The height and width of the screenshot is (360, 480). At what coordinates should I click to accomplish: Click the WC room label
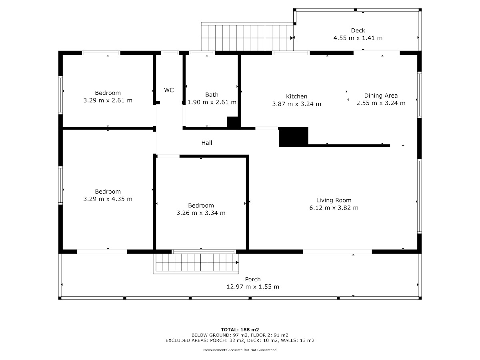[169, 90]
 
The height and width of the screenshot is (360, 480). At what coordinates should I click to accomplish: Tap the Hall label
[207, 143]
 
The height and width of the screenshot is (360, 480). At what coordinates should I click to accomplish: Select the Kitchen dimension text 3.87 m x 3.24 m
[296, 104]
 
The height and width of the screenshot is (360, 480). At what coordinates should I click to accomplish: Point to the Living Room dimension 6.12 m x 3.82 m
[334, 208]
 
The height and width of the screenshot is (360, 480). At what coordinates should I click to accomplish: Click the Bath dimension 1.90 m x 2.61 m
[212, 102]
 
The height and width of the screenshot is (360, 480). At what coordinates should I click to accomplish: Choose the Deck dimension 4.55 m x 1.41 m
[358, 38]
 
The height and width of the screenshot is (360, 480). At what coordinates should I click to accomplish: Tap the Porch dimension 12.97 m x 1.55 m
[253, 286]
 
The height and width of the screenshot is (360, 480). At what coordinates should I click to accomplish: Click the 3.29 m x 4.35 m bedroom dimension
[108, 199]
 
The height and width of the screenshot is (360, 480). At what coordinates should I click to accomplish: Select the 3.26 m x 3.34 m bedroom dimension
[201, 213]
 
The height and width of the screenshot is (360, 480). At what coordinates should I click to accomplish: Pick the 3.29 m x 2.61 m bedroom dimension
[108, 100]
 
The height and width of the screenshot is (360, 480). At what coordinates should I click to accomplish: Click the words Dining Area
[381, 96]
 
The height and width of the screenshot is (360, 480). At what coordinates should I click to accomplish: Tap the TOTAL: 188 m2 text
[240, 330]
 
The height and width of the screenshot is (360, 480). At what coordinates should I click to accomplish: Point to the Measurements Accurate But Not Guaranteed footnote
[240, 350]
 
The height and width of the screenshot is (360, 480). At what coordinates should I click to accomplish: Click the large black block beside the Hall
[294, 137]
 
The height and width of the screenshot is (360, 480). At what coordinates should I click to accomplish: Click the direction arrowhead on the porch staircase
[237, 262]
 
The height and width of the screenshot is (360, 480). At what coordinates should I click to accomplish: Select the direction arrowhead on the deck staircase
[292, 38]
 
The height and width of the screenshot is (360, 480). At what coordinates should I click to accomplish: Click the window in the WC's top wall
[170, 53]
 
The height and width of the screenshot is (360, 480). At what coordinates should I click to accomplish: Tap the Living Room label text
[334, 200]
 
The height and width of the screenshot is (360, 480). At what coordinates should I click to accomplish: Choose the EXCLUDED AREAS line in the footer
[240, 340]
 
